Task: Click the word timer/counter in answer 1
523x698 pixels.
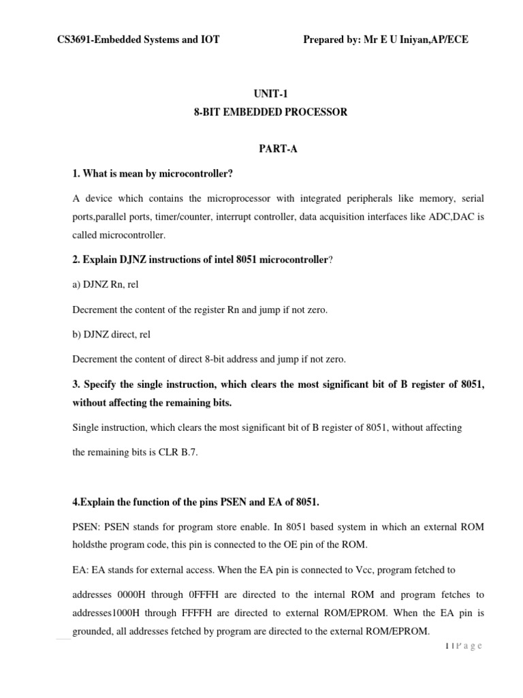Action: click(195, 216)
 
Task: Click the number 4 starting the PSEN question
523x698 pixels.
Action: click(75, 503)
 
